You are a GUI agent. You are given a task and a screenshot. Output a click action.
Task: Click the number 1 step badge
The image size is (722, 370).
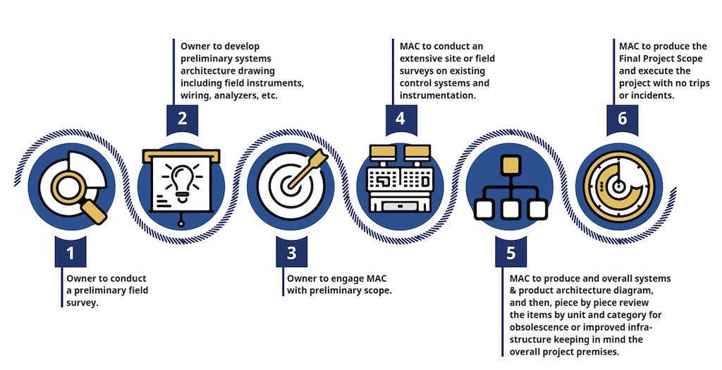point(71,251)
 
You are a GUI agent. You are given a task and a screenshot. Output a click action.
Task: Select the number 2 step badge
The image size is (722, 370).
point(181,119)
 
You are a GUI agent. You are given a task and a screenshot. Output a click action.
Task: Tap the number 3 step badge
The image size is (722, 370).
point(291,251)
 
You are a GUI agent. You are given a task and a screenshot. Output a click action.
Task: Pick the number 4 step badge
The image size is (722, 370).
point(400,119)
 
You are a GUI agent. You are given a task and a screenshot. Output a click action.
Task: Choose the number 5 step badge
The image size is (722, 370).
point(510,251)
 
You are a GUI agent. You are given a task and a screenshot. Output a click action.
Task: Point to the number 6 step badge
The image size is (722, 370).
point(622,119)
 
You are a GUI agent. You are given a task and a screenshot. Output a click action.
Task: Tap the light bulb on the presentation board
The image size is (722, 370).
point(181,180)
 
